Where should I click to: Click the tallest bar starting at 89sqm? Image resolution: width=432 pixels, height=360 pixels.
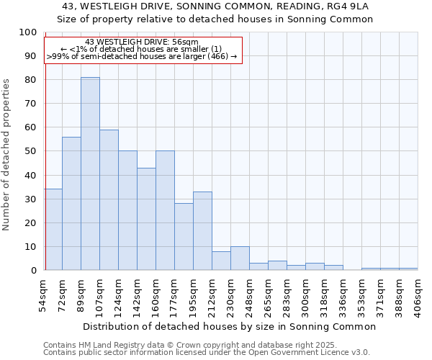coord(90,174)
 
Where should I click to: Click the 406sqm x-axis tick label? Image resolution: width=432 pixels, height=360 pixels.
coord(418,295)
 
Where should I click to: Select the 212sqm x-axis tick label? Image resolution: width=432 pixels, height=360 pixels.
coord(212,295)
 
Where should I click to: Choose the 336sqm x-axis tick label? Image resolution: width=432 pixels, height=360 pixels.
coord(343,295)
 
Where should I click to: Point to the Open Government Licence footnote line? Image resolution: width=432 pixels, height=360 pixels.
coord(207,353)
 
